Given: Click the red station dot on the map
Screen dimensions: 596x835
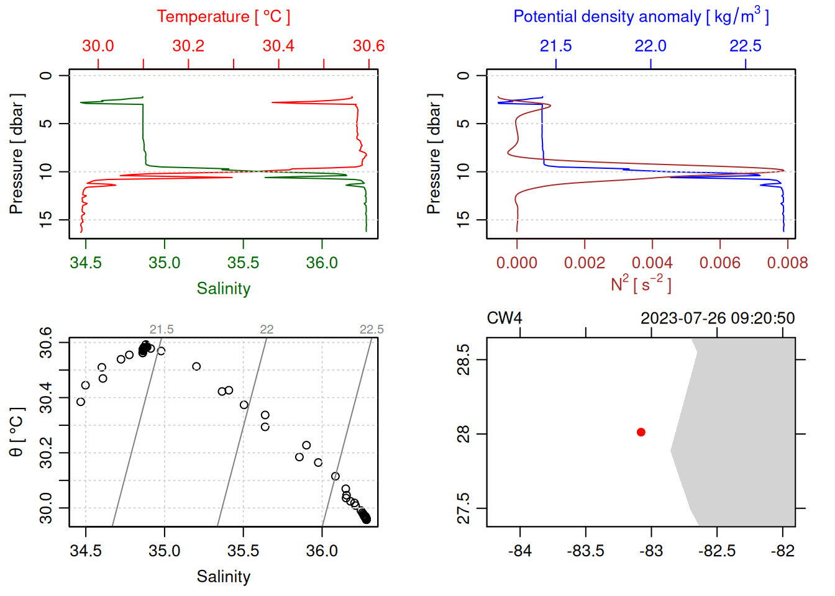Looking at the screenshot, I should [x=641, y=432].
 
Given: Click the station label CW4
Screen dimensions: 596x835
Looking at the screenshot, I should [x=504, y=318].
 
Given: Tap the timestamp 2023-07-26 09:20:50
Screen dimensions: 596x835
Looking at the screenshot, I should [x=718, y=318].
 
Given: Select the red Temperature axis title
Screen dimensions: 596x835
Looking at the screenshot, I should [x=224, y=17].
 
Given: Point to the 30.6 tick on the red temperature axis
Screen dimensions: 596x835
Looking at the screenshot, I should [x=368, y=46].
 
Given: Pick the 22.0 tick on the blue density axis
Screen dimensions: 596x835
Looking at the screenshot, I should [x=650, y=46].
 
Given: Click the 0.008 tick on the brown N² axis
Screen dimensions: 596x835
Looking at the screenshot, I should [x=787, y=263].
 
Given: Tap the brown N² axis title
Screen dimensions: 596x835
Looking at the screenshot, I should [x=641, y=284].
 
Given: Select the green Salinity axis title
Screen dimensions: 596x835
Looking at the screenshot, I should [x=224, y=289].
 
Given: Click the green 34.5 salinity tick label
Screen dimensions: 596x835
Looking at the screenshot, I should [x=86, y=263].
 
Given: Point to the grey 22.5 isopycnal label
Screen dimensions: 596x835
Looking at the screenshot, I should [x=372, y=330].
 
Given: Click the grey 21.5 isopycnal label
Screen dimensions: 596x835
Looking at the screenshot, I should [x=162, y=330].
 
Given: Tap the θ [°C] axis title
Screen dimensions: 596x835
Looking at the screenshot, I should [x=17, y=432].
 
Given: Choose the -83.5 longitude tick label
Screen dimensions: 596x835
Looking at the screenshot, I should [x=585, y=551].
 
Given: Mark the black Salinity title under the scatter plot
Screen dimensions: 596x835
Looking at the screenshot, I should [x=224, y=577].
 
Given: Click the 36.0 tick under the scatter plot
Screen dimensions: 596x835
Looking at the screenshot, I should [x=322, y=551].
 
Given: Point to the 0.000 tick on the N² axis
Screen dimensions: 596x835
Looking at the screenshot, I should [x=517, y=263].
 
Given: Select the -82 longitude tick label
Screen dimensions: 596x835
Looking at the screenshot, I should [x=782, y=551].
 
